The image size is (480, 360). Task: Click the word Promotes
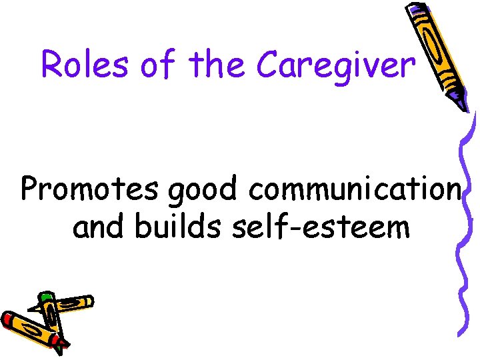89,190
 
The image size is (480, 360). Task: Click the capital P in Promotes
33,190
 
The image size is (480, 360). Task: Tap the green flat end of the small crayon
44,295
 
